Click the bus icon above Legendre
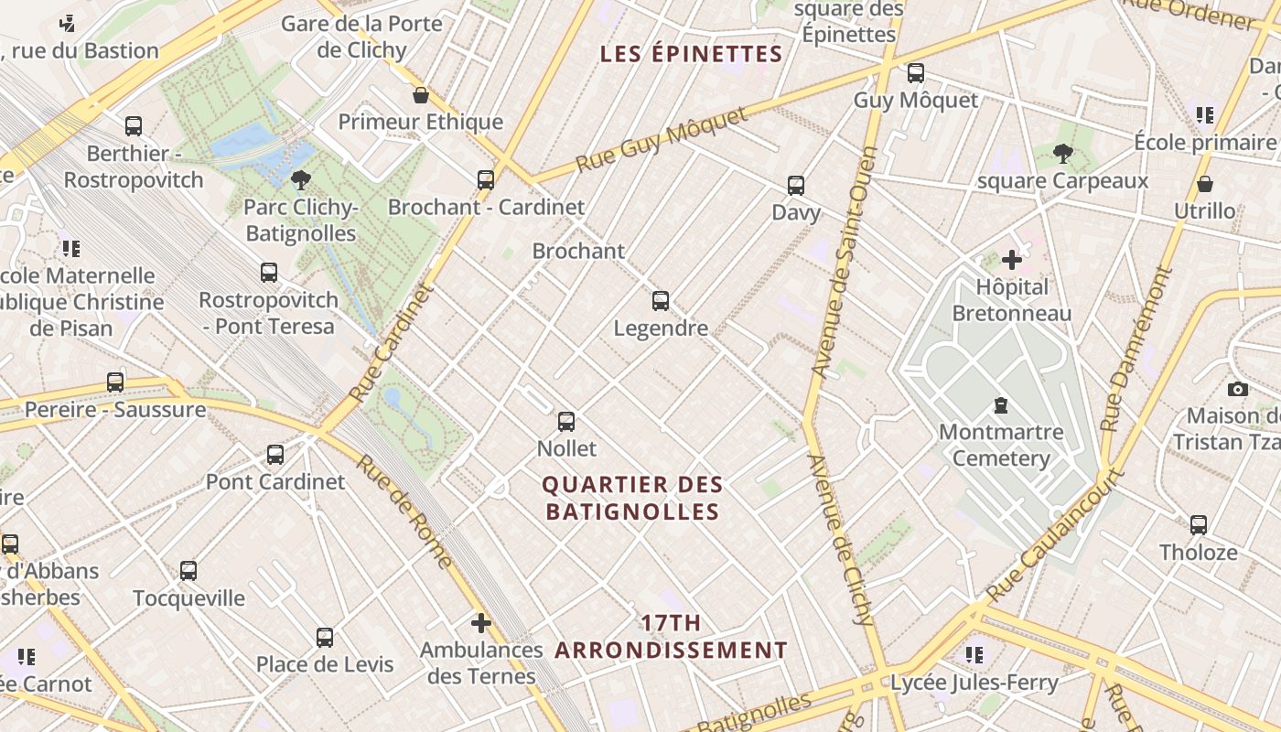click(660, 300)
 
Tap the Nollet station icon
click(566, 422)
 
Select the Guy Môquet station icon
click(915, 73)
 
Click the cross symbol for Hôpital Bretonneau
click(1011, 260)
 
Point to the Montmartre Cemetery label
click(1001, 445)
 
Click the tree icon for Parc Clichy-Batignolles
click(300, 179)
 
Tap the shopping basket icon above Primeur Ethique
click(421, 95)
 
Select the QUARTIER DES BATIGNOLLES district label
click(632, 498)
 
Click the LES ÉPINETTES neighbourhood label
click(691, 54)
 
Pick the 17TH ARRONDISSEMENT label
click(671, 637)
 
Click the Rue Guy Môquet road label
click(662, 139)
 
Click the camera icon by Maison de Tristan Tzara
click(1237, 389)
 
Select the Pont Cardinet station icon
click(274, 455)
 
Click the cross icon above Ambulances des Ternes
click(480, 623)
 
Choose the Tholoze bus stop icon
click(1198, 525)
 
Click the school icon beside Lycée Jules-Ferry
click(974, 654)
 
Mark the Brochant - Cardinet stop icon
click(485, 180)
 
